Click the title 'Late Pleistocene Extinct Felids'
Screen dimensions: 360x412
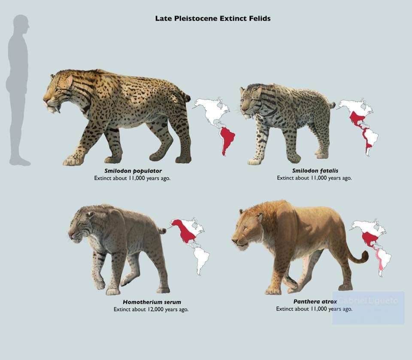click(213, 18)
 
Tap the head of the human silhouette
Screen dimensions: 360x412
click(21, 24)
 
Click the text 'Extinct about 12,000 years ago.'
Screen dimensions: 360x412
click(151, 309)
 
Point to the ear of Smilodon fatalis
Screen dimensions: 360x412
click(258, 92)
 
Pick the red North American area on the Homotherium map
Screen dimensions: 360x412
click(185, 232)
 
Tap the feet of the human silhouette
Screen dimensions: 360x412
click(20, 162)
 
